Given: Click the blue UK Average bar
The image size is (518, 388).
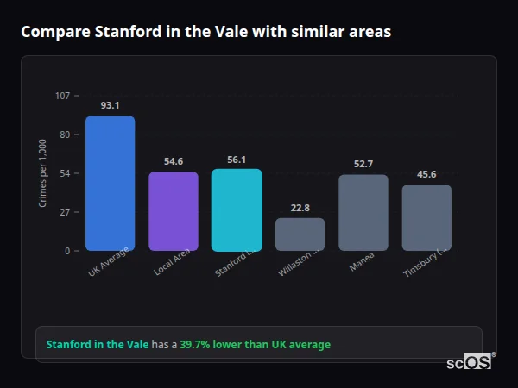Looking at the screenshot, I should pos(110,183).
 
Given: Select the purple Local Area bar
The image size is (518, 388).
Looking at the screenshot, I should pos(174,211).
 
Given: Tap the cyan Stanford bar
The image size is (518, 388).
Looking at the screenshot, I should pos(237,210).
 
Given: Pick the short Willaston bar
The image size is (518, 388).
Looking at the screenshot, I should pos(300,234).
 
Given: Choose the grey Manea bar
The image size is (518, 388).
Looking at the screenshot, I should pos(363,212).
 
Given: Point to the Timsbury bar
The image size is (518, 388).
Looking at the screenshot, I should pos(426,217).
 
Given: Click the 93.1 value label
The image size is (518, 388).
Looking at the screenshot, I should pos(110,105).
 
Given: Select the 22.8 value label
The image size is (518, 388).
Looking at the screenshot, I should pos(300,208).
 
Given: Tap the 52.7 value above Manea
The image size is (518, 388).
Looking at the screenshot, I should pos(363,164).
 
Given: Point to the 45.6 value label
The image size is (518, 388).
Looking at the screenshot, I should pos(426,174).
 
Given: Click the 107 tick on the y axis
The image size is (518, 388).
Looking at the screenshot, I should pos(62,96).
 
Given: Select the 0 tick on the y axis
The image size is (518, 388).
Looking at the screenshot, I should pos(66,251).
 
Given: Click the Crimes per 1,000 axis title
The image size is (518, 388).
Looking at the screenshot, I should pos(43,172).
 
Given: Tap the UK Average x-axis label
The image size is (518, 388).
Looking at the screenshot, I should pos(109,263).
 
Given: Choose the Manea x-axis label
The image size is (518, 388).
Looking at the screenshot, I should pos(362,261).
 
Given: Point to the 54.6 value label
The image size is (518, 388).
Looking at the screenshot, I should pos(174,161).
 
